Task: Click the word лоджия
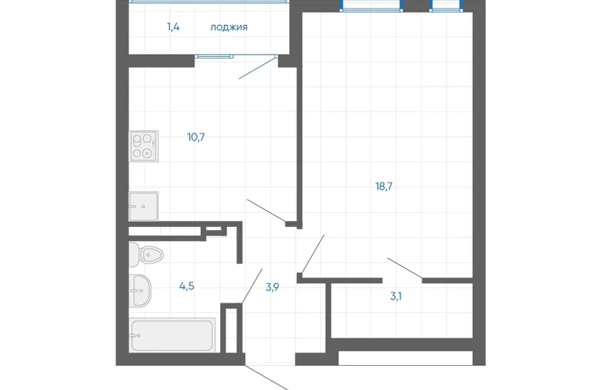(x=229, y=27)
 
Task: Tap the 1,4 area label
(x=173, y=27)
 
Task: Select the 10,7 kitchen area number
(x=196, y=136)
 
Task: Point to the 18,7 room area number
(x=384, y=186)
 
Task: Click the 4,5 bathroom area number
(x=187, y=285)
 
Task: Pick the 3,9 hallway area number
(x=272, y=287)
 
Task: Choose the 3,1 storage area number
(x=396, y=296)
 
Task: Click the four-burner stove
(x=144, y=146)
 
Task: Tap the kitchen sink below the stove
(x=144, y=206)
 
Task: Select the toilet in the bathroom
(x=146, y=254)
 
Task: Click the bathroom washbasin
(x=140, y=290)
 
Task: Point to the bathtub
(x=172, y=335)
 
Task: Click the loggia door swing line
(x=258, y=68)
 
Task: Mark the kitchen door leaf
(x=266, y=211)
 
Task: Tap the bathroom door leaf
(x=252, y=286)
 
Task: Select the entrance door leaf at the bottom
(x=267, y=378)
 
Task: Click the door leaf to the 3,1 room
(x=405, y=268)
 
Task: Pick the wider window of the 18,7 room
(x=372, y=5)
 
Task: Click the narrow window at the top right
(x=446, y=5)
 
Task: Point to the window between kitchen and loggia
(x=214, y=56)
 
